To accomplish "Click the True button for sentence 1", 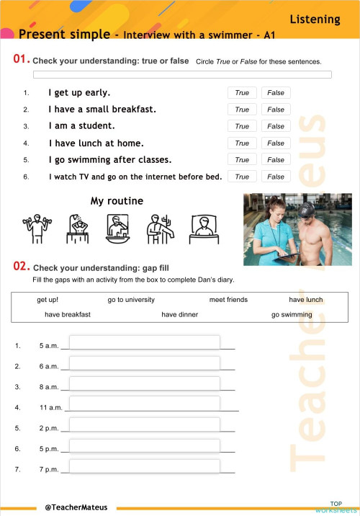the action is (242, 93).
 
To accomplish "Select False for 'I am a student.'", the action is (276, 126).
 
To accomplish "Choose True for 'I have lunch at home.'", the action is (242, 143).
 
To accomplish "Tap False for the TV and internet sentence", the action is (276, 177).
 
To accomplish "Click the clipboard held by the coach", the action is (287, 254).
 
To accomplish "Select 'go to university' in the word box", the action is (131, 300).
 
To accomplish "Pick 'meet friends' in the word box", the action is (228, 300).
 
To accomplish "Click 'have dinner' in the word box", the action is (179, 315).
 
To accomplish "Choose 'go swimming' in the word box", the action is (292, 315).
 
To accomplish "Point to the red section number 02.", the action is (22, 267).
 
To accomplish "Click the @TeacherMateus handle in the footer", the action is (76, 507).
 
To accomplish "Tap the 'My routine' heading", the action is (117, 201).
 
